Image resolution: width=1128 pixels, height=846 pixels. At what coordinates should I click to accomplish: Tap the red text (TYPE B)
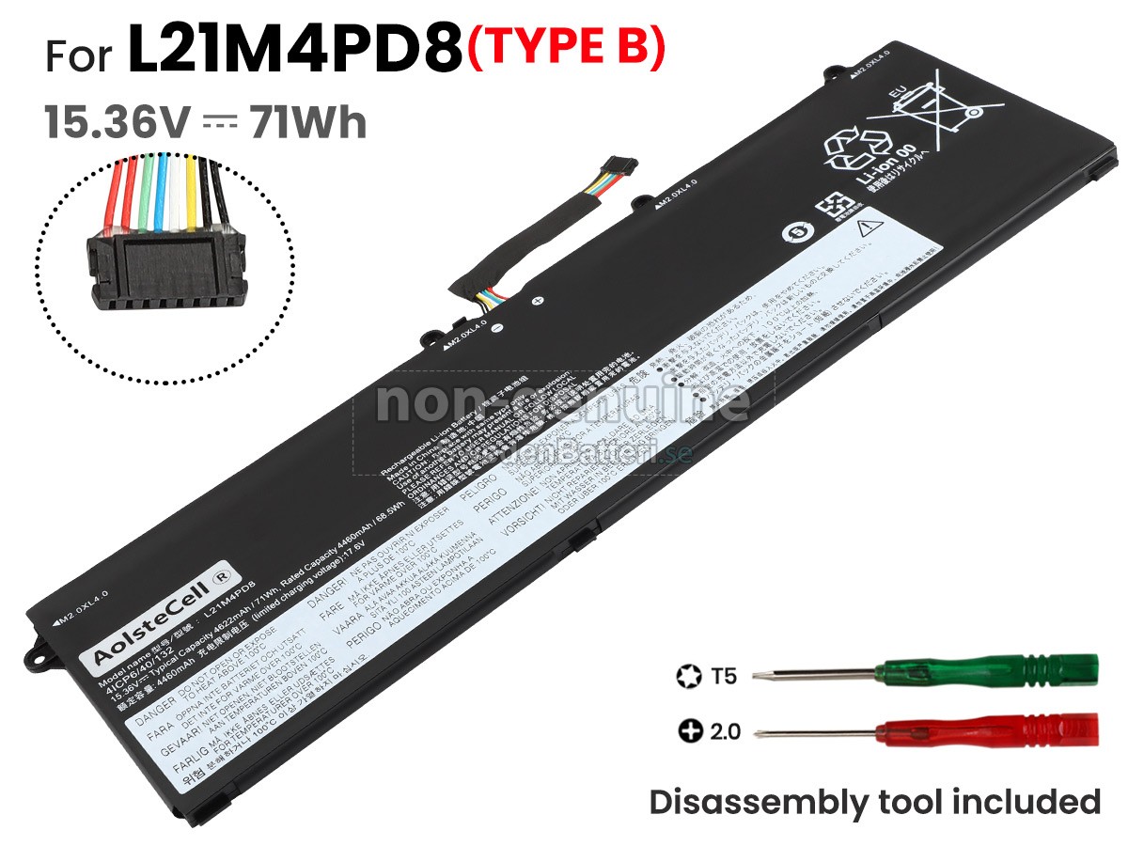pos(566,50)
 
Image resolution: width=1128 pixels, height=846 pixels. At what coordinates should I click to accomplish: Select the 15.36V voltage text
pos(117,122)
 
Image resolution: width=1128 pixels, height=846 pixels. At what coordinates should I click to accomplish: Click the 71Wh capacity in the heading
pos(307,122)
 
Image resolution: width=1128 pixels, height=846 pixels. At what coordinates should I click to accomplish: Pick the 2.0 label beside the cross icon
pos(723,730)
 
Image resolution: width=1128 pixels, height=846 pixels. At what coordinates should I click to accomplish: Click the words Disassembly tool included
pos(874,802)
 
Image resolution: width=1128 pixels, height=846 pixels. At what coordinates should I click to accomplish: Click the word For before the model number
pos(81,56)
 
